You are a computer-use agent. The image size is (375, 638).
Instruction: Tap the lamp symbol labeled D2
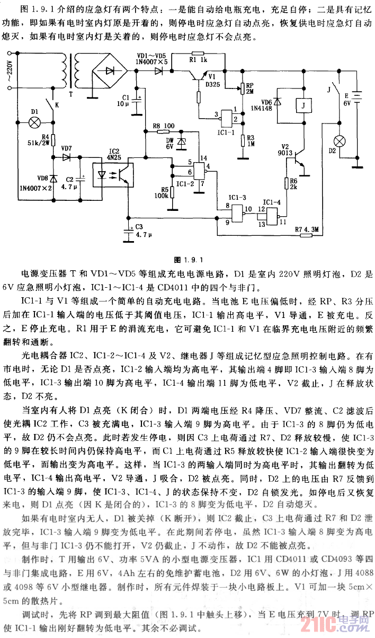tap(338, 142)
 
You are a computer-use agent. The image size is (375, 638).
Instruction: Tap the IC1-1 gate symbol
tap(229, 117)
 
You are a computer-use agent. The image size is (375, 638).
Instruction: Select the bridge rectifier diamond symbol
tap(110, 70)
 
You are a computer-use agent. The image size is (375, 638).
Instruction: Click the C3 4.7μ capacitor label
tap(143, 231)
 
